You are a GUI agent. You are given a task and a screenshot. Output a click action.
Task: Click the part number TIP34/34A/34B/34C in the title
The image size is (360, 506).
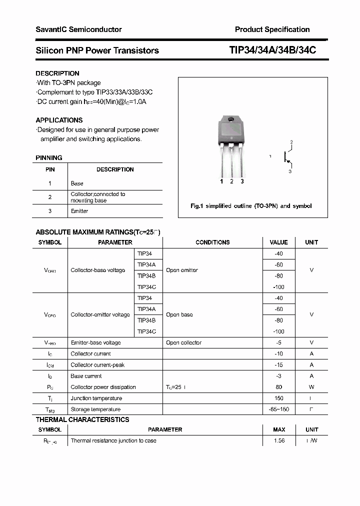[x=272, y=50]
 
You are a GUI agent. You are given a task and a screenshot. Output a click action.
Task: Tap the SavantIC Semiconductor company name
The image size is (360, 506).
[x=78, y=29]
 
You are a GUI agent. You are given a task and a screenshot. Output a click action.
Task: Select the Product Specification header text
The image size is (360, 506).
[x=272, y=29]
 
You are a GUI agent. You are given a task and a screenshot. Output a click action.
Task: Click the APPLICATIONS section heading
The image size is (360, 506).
[x=59, y=120]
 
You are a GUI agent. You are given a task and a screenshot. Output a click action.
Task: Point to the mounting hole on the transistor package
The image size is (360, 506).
[x=231, y=119]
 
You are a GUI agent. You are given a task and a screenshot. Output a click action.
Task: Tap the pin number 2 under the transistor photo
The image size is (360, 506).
[x=231, y=181]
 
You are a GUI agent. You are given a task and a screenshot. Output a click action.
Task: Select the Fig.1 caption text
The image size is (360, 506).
[x=251, y=206]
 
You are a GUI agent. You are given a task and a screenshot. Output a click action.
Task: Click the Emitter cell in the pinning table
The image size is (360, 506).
[x=79, y=211]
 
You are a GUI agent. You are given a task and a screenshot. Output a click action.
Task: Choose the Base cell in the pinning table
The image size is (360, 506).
[x=77, y=183]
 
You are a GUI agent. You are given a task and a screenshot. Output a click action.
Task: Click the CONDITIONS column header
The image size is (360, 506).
[x=212, y=242]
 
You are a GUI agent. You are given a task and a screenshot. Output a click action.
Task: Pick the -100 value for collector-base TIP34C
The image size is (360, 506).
[x=278, y=287]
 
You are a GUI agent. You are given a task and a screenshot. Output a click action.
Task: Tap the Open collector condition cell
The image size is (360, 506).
[x=183, y=343]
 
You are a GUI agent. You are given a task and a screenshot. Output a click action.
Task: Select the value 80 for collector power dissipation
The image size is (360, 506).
[x=278, y=387]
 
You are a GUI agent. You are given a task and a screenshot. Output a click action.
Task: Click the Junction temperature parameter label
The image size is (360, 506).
[x=96, y=398]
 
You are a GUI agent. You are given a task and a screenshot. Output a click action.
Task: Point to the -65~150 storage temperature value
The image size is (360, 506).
[x=278, y=409]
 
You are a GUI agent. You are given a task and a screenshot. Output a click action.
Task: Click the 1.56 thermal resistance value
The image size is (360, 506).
[x=278, y=441]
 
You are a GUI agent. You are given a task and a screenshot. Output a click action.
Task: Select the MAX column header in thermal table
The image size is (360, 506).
[x=279, y=429]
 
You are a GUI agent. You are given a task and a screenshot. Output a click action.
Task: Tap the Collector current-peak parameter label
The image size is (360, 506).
[x=97, y=365]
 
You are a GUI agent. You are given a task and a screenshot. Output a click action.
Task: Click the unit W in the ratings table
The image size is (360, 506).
[x=311, y=387]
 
